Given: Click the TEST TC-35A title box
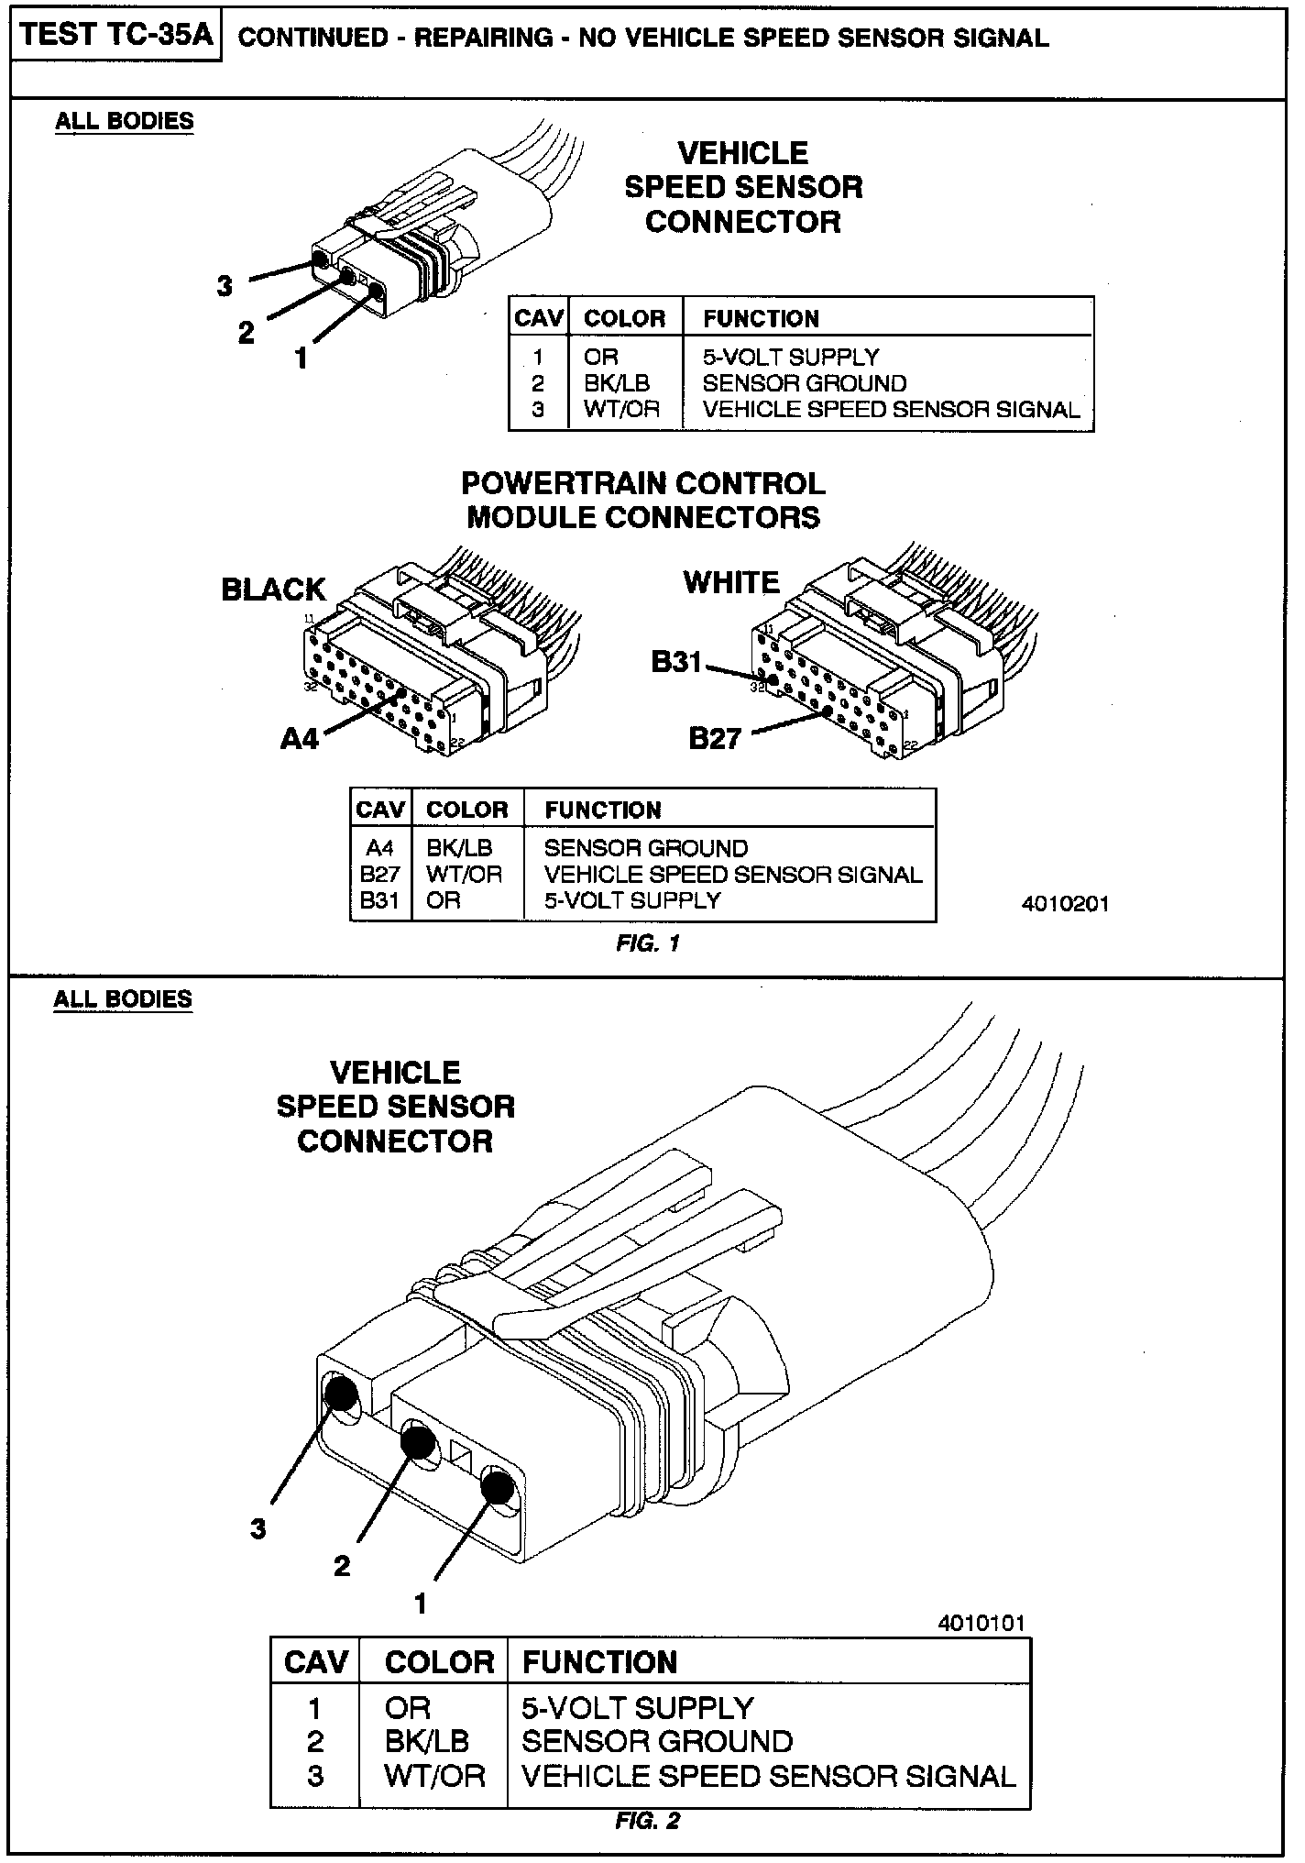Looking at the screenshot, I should [116, 37].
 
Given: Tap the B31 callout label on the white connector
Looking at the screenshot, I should [676, 661].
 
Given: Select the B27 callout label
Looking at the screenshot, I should [715, 737].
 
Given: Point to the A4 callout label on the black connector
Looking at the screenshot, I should [300, 737].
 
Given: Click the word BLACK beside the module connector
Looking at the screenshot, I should [274, 590].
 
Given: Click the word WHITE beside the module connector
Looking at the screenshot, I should [731, 582].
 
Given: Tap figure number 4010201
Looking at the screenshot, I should [1065, 904].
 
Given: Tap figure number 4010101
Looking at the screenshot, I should [981, 1623].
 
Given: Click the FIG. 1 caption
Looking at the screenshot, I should [648, 943].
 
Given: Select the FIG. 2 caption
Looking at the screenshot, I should [648, 1820].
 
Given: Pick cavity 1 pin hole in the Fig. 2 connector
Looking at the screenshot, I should [499, 1486].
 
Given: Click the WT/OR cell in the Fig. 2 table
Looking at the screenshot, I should [434, 1776].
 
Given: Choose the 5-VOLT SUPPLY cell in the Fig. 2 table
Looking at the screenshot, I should [638, 1708].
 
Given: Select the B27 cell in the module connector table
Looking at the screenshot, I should [379, 875].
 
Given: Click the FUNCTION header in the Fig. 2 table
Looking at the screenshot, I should [599, 1662].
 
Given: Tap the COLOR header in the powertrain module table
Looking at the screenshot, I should [467, 810].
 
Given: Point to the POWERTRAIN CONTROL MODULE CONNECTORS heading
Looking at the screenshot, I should [643, 500].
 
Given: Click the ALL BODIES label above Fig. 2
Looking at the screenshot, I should [124, 998].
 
